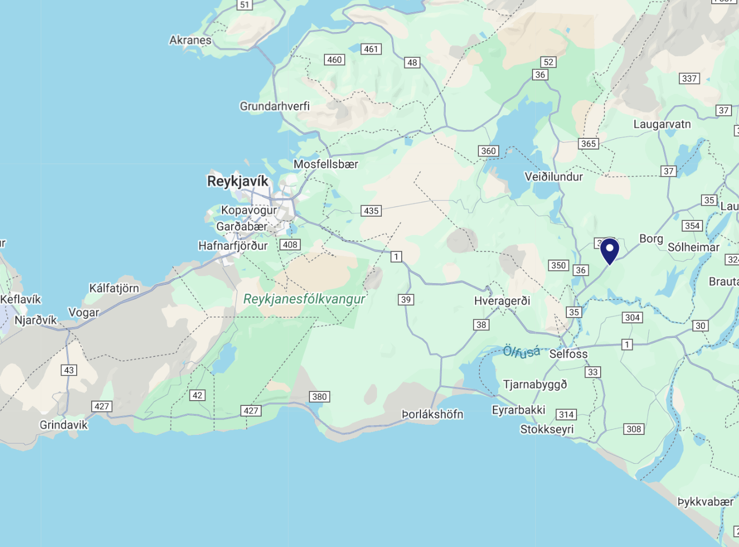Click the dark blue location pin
click(x=610, y=250)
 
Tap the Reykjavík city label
click(x=238, y=181)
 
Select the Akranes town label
click(x=190, y=40)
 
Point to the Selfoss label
click(x=568, y=354)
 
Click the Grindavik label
click(x=63, y=425)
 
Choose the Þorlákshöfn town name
click(x=432, y=414)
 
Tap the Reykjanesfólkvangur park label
click(x=304, y=299)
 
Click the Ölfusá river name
click(x=522, y=352)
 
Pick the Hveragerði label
click(x=502, y=301)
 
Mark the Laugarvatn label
click(x=662, y=124)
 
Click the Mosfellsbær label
click(x=326, y=164)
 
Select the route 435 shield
click(x=371, y=211)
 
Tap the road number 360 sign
click(x=488, y=151)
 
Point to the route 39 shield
click(x=406, y=300)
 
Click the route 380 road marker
click(x=319, y=397)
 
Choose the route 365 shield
click(x=588, y=144)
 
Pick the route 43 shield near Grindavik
click(x=69, y=370)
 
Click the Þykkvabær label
click(x=705, y=502)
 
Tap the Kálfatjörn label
click(x=114, y=288)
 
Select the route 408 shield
click(x=290, y=245)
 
